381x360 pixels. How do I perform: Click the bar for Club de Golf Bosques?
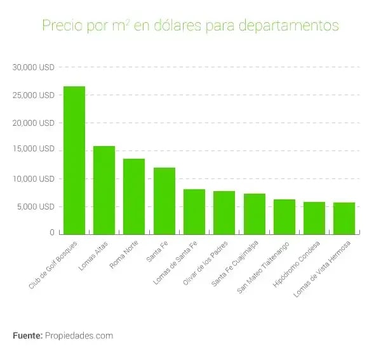coord(74,160)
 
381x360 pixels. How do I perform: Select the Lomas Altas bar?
coord(104,190)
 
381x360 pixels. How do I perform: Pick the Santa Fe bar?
coord(164,201)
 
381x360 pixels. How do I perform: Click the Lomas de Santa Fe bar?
coord(194,211)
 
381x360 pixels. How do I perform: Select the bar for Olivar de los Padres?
coord(224,212)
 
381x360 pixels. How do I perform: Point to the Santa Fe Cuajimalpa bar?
coord(254,213)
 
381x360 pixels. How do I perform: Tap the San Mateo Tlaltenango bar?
coord(284,217)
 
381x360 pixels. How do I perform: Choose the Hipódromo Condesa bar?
coord(314,218)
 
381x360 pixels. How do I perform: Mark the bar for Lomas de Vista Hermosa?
coord(344,218)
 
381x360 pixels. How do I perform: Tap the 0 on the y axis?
coord(52,233)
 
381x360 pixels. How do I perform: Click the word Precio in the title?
coord(60,26)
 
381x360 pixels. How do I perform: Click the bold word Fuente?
coord(27,335)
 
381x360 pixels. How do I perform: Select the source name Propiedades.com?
coord(79,335)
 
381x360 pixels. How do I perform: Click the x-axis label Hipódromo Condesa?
coord(297,265)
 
